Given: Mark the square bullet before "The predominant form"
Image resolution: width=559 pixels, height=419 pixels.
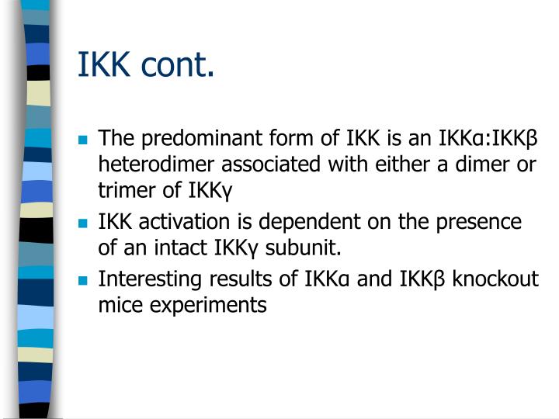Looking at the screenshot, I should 82,140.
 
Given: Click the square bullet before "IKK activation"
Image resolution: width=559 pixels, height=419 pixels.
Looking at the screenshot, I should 82,224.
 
